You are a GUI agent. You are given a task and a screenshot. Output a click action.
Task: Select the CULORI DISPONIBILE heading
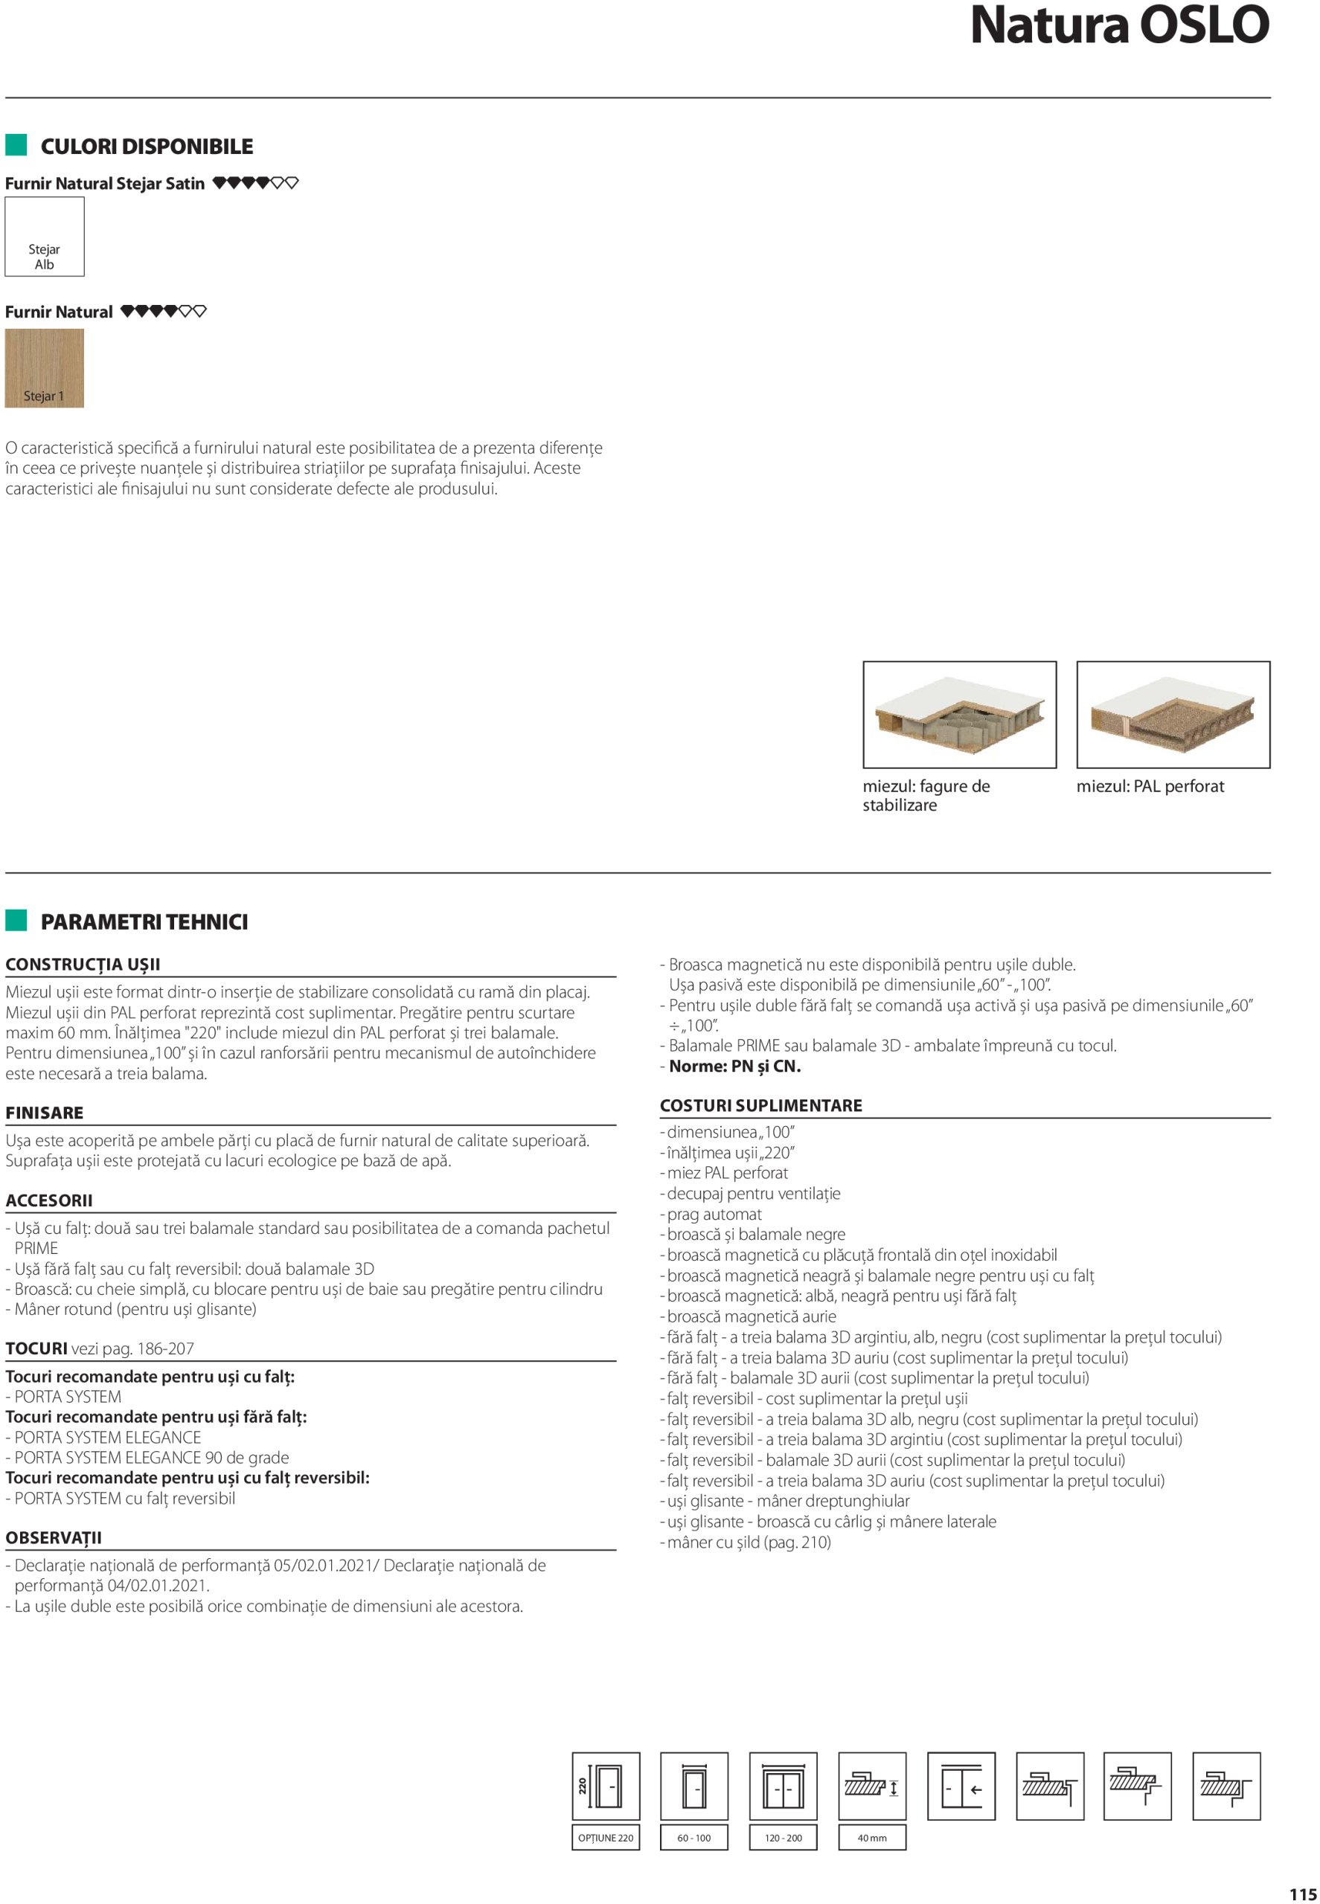pyautogui.click(x=147, y=147)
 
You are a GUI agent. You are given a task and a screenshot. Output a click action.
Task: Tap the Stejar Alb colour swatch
pyautogui.click(x=45, y=237)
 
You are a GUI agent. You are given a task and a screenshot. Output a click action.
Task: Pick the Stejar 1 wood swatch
pyautogui.click(x=45, y=369)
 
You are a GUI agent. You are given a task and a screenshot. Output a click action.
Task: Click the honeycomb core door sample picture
pyautogui.click(x=959, y=714)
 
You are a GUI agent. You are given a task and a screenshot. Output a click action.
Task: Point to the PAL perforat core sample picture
pyautogui.click(x=1173, y=714)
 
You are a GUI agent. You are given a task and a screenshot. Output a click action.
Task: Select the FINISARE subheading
pyautogui.click(x=45, y=1113)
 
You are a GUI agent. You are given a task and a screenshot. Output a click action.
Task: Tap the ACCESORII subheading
pyautogui.click(x=49, y=1200)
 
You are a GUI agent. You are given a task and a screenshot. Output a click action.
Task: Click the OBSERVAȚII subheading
pyautogui.click(x=54, y=1538)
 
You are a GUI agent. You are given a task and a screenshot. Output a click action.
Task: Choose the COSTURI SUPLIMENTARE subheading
pyautogui.click(x=761, y=1105)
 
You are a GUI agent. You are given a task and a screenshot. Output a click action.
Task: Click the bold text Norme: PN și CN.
pyautogui.click(x=734, y=1067)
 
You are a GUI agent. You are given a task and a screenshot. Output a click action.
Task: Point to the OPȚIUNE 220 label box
pyautogui.click(x=606, y=1838)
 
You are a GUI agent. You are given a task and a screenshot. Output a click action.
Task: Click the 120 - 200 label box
pyautogui.click(x=784, y=1838)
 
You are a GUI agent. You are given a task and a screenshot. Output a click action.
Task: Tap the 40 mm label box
pyautogui.click(x=872, y=1838)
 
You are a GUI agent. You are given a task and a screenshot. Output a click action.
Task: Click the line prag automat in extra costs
pyautogui.click(x=714, y=1214)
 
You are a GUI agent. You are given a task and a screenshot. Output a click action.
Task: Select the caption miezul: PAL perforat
pyautogui.click(x=1150, y=786)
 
